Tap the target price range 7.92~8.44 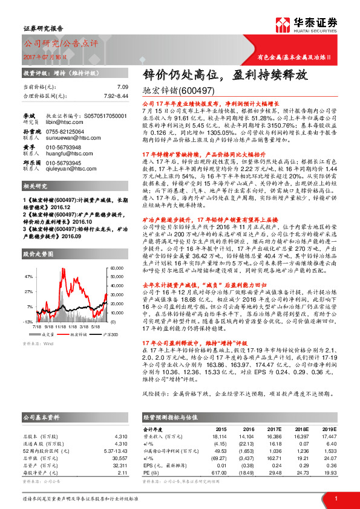(114, 96)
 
